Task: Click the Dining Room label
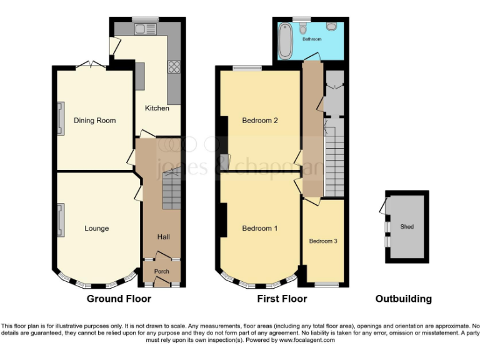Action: pyautogui.click(x=94, y=121)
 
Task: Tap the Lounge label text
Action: pyautogui.click(x=96, y=228)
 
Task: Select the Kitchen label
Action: pyautogui.click(x=157, y=108)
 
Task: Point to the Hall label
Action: pyautogui.click(x=162, y=237)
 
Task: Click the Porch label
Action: pyautogui.click(x=162, y=271)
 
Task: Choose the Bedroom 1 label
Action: pyautogui.click(x=259, y=228)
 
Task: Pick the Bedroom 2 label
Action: pyautogui.click(x=259, y=121)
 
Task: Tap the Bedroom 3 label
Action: pyautogui.click(x=323, y=240)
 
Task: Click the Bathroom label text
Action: pyautogui.click(x=312, y=39)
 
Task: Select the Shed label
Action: pyautogui.click(x=407, y=226)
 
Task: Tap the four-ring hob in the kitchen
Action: pyautogui.click(x=173, y=67)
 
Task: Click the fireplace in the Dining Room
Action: pyautogui.click(x=61, y=118)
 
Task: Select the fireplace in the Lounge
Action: pyautogui.click(x=61, y=221)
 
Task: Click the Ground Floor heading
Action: pyautogui.click(x=119, y=299)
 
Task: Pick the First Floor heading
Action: pyautogui.click(x=282, y=299)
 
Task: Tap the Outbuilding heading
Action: pyautogui.click(x=403, y=299)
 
